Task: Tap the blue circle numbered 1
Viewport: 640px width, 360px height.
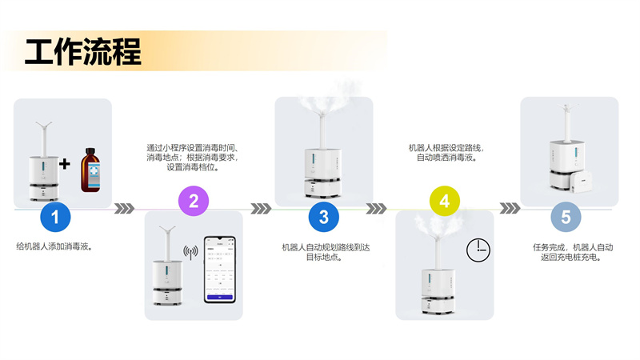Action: [55, 217]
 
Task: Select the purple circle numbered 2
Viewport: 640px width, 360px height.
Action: [193, 200]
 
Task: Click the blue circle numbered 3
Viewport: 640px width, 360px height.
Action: [324, 217]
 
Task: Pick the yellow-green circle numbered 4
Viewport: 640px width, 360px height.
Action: [445, 200]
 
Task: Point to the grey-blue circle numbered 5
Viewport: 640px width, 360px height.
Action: [566, 217]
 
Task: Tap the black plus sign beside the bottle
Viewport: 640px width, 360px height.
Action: [65, 165]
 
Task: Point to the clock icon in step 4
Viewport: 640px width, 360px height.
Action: [478, 250]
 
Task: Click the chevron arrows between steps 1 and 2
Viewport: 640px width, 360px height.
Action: [124, 209]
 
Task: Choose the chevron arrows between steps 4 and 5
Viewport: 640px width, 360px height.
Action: [510, 209]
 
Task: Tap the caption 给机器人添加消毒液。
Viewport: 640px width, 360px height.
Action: [54, 247]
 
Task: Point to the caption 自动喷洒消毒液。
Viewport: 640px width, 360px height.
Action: [446, 158]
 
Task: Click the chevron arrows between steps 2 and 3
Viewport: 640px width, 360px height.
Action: [261, 209]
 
